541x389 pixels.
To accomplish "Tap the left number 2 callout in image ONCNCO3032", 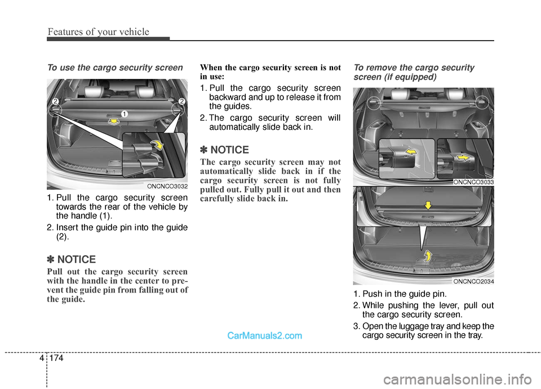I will (56, 101).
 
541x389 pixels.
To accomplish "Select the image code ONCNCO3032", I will (167, 186).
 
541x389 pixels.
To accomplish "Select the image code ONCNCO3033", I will (473, 182).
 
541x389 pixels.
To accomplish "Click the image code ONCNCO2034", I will (473, 281).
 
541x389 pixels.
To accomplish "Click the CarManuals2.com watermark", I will (265, 335).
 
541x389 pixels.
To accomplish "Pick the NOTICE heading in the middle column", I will (229, 150).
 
